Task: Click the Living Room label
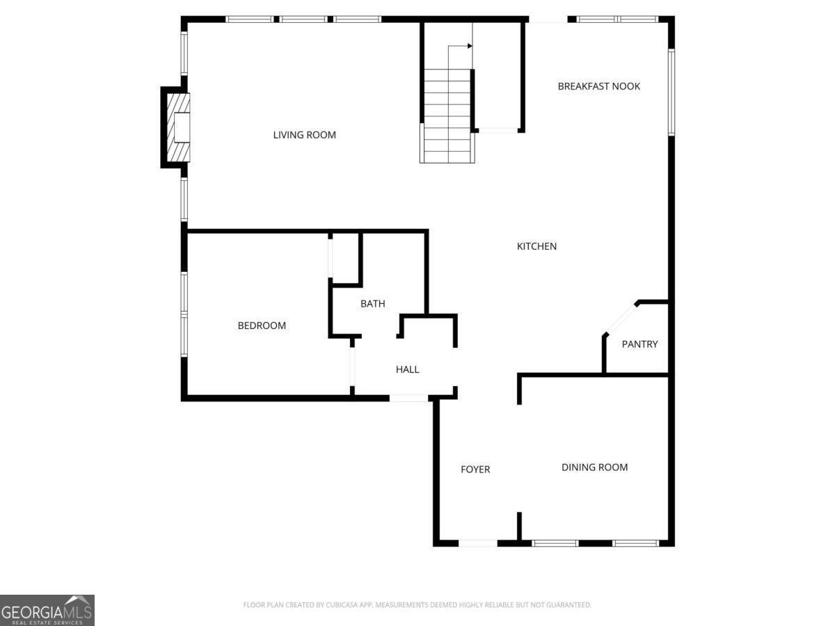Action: click(304, 135)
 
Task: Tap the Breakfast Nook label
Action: click(599, 86)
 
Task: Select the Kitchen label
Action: click(536, 246)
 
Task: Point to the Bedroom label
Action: click(262, 326)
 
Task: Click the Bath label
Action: click(373, 304)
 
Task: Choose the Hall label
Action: click(408, 369)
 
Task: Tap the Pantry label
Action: click(639, 344)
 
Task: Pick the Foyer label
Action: click(475, 469)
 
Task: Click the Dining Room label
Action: click(594, 467)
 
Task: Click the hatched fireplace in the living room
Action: click(178, 127)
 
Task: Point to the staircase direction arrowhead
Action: click(470, 46)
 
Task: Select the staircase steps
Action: click(447, 116)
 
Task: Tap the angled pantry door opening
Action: click(620, 319)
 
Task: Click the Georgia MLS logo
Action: click(47, 610)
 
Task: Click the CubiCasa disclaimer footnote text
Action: click(417, 604)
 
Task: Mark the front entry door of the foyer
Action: click(478, 543)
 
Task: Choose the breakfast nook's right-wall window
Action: click(671, 93)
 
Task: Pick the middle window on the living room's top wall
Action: click(303, 19)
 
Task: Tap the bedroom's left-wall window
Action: click(184, 314)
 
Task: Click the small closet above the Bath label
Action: click(345, 258)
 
